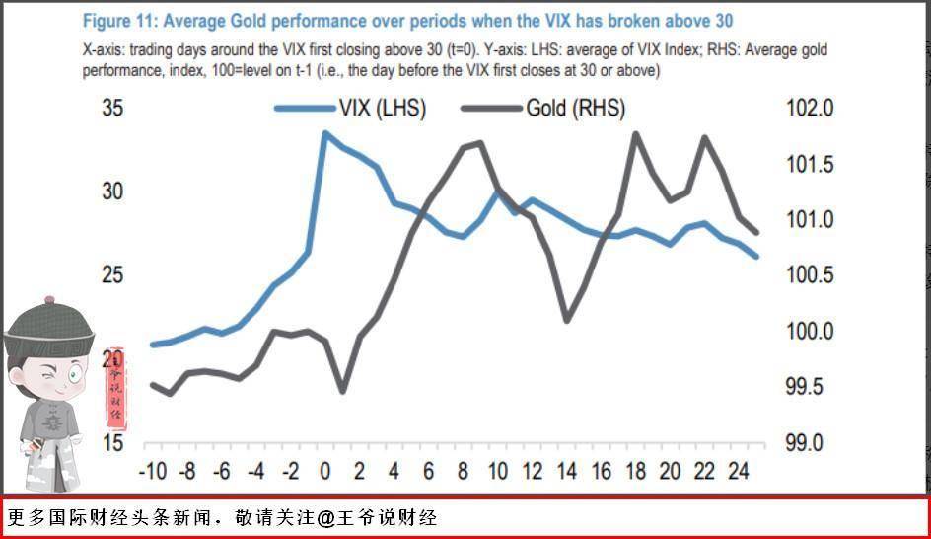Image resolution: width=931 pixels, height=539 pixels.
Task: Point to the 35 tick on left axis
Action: (x=113, y=108)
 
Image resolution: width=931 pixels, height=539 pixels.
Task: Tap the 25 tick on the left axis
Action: (x=113, y=274)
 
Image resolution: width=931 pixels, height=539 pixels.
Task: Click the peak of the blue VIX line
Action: (x=324, y=132)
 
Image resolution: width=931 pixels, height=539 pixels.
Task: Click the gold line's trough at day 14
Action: (x=567, y=321)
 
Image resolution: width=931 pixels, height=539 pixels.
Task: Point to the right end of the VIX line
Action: (x=756, y=257)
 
